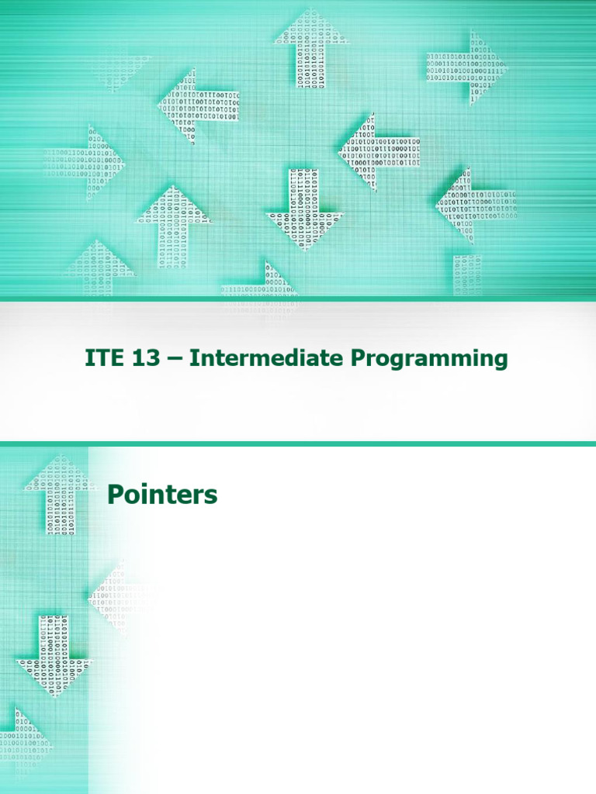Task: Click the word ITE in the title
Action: coord(104,359)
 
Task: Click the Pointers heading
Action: coord(161,495)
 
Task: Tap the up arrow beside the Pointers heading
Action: coord(50,493)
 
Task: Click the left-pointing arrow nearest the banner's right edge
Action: coord(473,205)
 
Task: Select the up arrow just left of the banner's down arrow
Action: coord(174,225)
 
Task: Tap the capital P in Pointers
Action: coord(115,495)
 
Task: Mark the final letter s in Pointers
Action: coord(212,496)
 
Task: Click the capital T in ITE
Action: coord(103,359)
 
